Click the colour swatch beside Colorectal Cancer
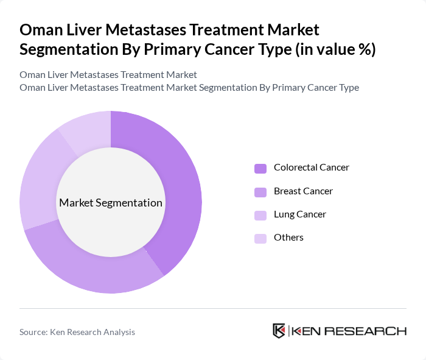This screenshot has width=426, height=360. [260, 168]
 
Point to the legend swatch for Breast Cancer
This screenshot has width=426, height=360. [260, 192]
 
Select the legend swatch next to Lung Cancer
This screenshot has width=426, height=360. [260, 215]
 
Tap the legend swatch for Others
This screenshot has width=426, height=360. [260, 238]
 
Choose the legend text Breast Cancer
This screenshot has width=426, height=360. [303, 191]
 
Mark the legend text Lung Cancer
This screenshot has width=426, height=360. [300, 214]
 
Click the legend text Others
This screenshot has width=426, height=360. [288, 238]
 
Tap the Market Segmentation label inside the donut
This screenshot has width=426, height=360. [111, 203]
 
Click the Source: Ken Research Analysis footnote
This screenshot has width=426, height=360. [77, 332]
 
